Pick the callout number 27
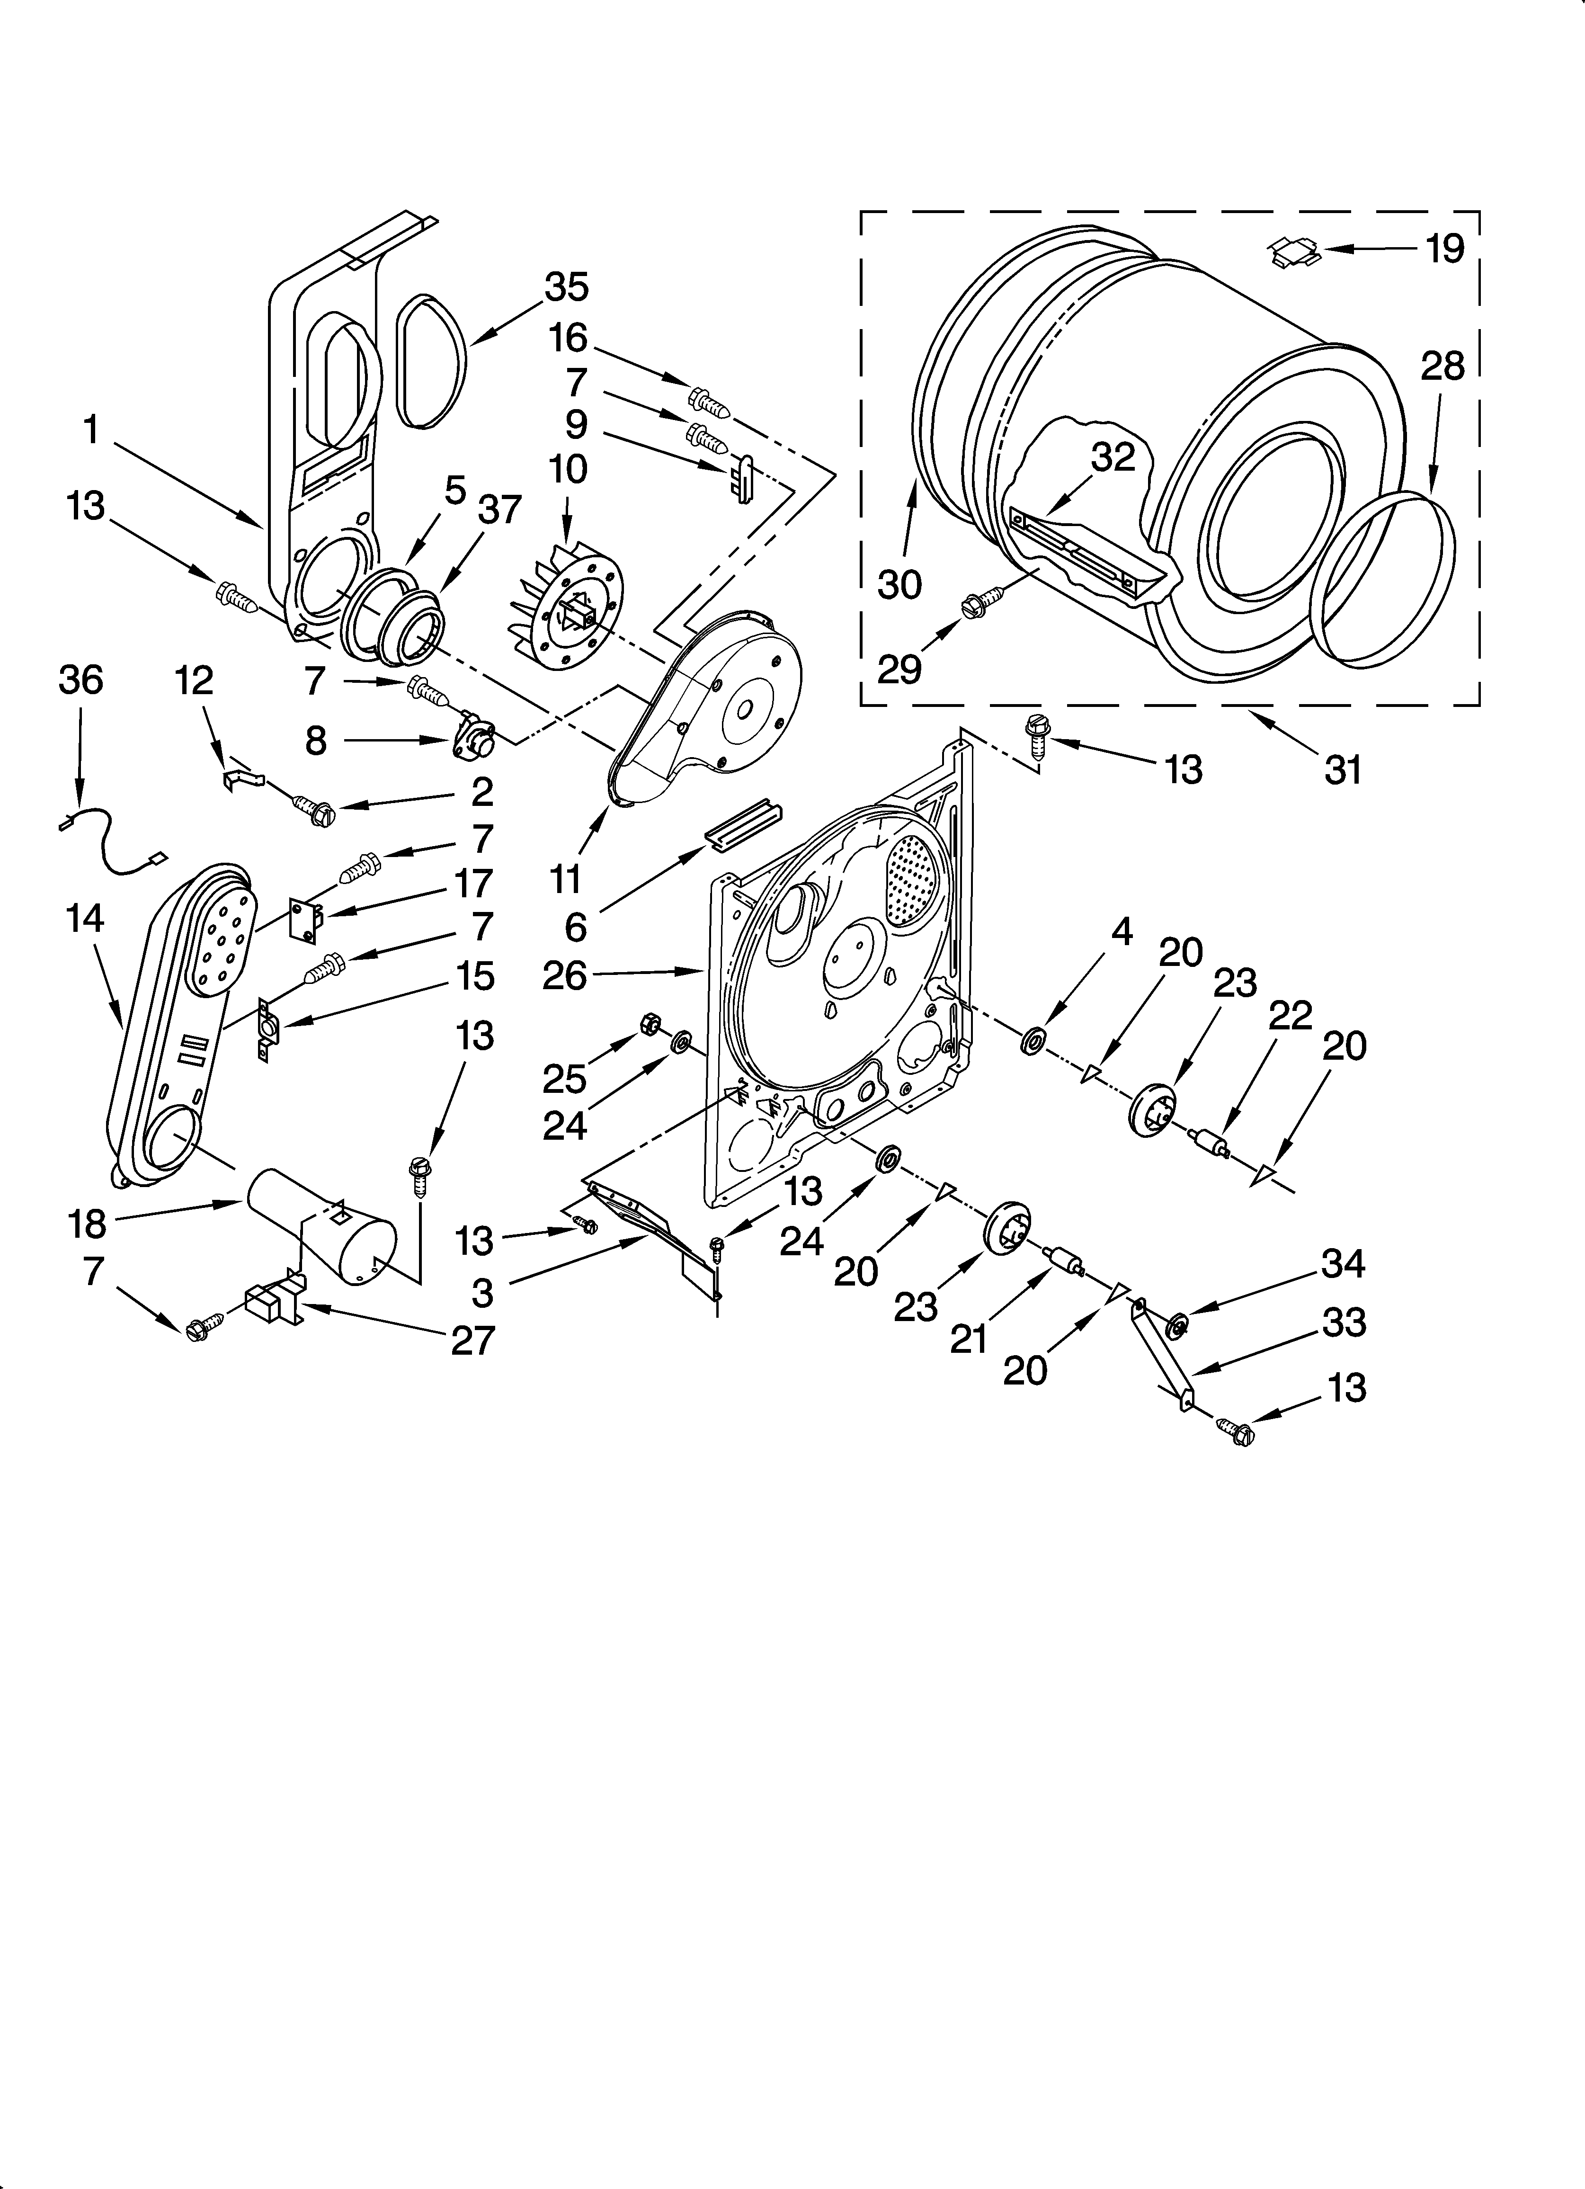click(x=473, y=1340)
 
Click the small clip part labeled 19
click(x=1293, y=253)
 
